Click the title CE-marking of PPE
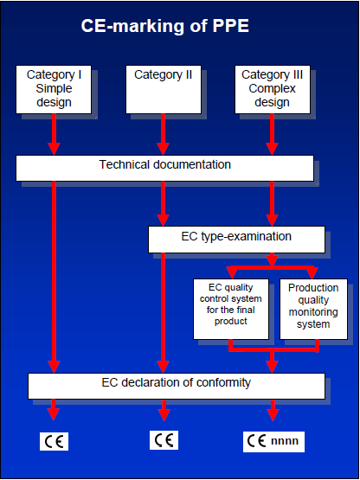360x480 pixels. coord(164,26)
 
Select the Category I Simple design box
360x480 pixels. coord(54,89)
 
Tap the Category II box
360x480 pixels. coord(164,89)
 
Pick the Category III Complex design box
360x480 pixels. coord(273,89)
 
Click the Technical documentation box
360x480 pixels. coord(164,168)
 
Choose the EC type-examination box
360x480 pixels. coord(236,240)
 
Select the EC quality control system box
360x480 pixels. coord(231,309)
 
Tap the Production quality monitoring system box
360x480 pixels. coord(314,309)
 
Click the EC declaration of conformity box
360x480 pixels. coord(177,386)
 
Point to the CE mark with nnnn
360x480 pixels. coord(274,441)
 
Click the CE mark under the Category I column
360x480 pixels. coord(54,441)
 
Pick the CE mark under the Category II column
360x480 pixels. coord(164,440)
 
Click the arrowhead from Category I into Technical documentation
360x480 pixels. coord(54,149)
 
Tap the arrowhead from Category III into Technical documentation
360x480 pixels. coord(272,149)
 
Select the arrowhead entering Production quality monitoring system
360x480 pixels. coord(312,273)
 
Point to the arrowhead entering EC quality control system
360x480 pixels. coord(231,273)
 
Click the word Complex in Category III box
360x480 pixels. coord(273,89)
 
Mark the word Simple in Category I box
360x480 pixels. coord(54,88)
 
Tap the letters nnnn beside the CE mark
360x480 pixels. coord(285,441)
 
